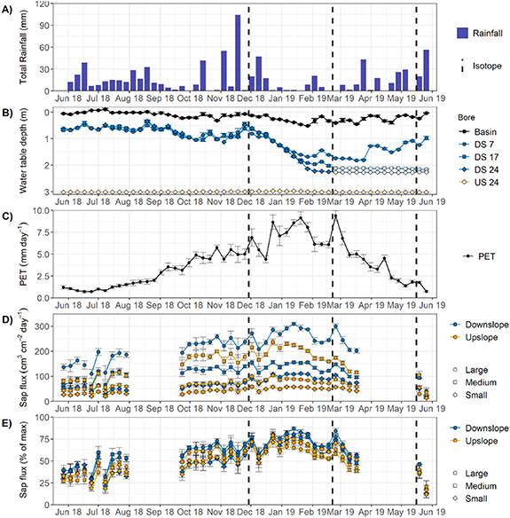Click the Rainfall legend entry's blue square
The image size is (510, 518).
pyautogui.click(x=462, y=33)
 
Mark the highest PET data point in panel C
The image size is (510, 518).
pyautogui.click(x=335, y=216)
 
